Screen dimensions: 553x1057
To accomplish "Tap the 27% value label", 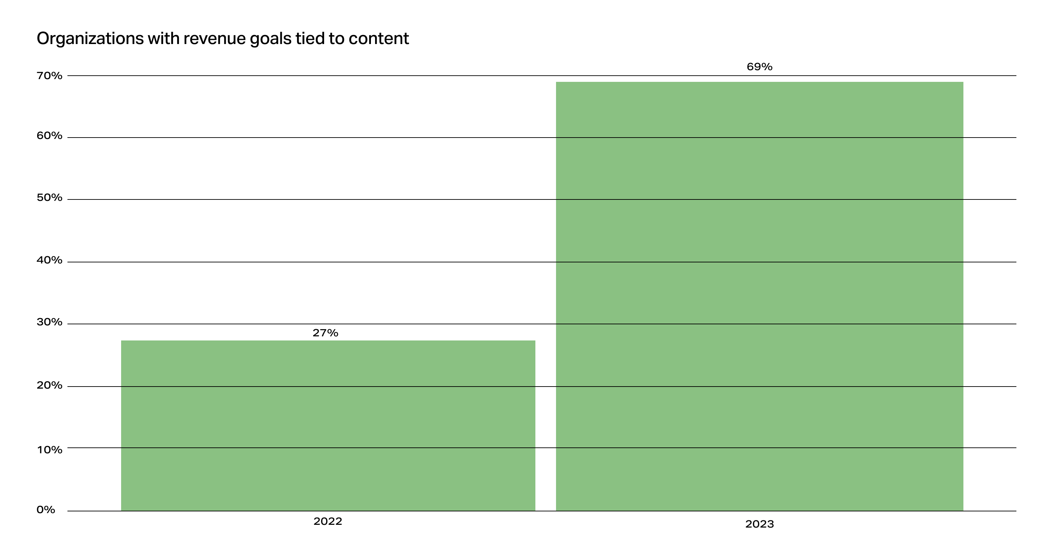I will coord(325,333).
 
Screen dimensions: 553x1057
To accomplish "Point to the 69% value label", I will coord(759,67).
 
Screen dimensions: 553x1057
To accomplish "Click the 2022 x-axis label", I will coord(328,521).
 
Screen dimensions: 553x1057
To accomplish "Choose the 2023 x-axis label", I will coord(759,524).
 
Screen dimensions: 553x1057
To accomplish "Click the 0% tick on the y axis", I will coord(45,510).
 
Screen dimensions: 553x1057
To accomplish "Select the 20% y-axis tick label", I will coord(49,385).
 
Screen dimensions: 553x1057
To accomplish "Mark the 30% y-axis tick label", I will coord(49,322).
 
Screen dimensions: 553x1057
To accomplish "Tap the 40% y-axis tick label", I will coord(49,260).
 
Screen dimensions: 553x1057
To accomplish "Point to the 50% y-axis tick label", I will coord(49,198).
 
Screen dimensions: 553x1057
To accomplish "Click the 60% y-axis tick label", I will coord(49,136).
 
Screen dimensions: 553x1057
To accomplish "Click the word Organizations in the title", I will coord(90,39).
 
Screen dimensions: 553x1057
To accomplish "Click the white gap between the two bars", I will coord(545,427).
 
